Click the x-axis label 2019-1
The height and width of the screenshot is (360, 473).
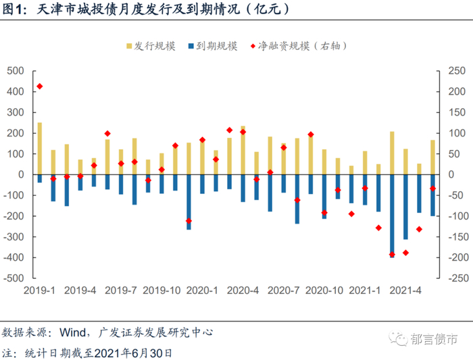[x=40, y=291]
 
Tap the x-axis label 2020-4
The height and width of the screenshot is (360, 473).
[x=243, y=291]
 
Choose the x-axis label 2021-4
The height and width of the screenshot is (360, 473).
[x=405, y=291]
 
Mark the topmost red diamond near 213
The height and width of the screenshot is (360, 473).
[x=40, y=86]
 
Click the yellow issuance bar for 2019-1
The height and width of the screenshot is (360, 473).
[x=40, y=149]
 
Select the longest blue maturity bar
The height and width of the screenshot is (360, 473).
[x=392, y=215]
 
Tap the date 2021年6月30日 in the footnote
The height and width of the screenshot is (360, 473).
[x=132, y=353]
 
